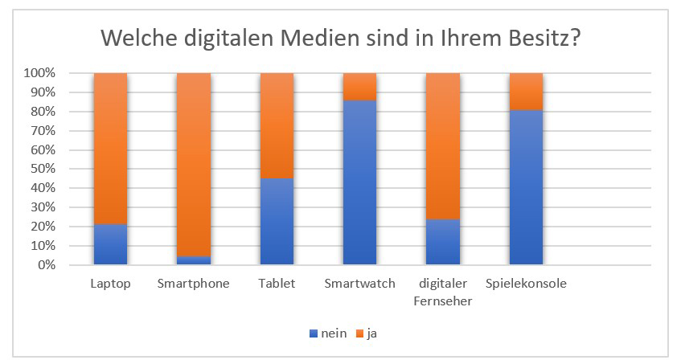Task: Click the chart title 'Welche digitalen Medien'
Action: tap(338, 38)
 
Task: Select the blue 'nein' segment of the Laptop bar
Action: tap(110, 244)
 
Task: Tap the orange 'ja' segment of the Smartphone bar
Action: tap(193, 164)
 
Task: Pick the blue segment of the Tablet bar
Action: tap(277, 221)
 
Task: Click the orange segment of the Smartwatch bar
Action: tap(359, 87)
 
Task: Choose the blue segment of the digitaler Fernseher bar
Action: tap(442, 242)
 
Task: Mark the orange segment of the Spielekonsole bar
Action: tap(525, 91)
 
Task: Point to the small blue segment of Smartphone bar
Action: tap(193, 260)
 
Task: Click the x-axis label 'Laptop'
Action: tap(110, 284)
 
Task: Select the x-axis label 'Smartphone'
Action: tap(193, 284)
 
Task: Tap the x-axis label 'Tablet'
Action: tap(277, 284)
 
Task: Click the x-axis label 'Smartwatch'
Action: tap(359, 284)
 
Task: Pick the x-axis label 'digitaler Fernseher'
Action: tap(442, 292)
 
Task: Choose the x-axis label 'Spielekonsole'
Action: tap(525, 284)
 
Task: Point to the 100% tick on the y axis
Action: tap(39, 73)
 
